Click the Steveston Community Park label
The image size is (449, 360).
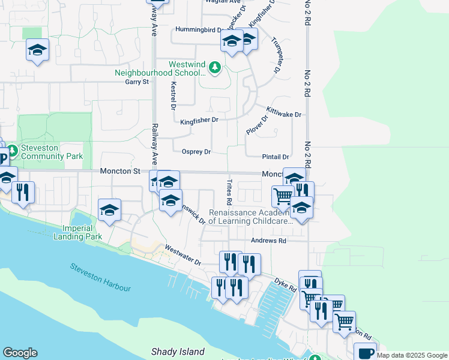pyautogui.click(x=51, y=152)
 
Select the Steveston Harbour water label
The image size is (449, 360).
pyautogui.click(x=100, y=277)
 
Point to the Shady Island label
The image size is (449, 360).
pyautogui.click(x=178, y=352)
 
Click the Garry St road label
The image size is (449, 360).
pyautogui.click(x=136, y=82)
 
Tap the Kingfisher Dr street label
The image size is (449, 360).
pyautogui.click(x=199, y=121)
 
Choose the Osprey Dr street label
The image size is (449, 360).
pyautogui.click(x=196, y=152)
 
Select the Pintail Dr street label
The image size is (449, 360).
pyautogui.click(x=276, y=157)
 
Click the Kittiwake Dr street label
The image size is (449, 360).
pyautogui.click(x=284, y=112)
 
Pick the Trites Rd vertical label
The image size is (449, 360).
pyautogui.click(x=229, y=191)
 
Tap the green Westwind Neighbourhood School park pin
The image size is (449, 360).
pyautogui.click(x=214, y=68)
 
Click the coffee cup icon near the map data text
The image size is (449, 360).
pyautogui.click(x=365, y=353)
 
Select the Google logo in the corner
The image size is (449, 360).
pyautogui.click(x=20, y=353)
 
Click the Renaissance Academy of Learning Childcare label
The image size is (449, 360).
pyautogui.click(x=250, y=217)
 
